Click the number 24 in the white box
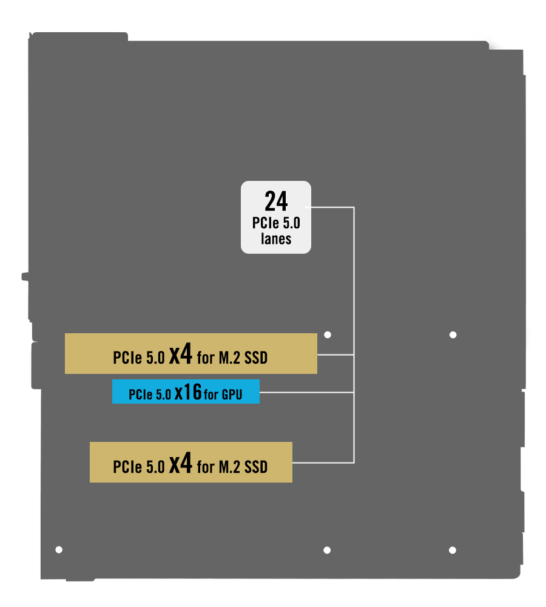[x=276, y=201]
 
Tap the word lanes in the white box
[x=276, y=239]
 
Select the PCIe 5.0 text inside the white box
[x=276, y=223]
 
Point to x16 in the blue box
[x=188, y=392]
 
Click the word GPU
[x=232, y=395]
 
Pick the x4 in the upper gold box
[x=180, y=353]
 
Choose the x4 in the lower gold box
[x=180, y=463]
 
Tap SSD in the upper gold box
[x=256, y=358]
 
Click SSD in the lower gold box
[x=256, y=467]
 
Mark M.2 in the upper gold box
[x=229, y=358]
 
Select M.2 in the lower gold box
[x=229, y=467]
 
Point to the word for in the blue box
[x=211, y=395]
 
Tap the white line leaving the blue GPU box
[x=307, y=392]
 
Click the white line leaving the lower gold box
[x=323, y=463]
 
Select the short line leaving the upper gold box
[x=335, y=354]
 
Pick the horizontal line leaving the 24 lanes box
[x=332, y=208]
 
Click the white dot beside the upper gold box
[x=328, y=335]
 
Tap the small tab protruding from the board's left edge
[x=25, y=276]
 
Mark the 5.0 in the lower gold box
[x=155, y=467]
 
